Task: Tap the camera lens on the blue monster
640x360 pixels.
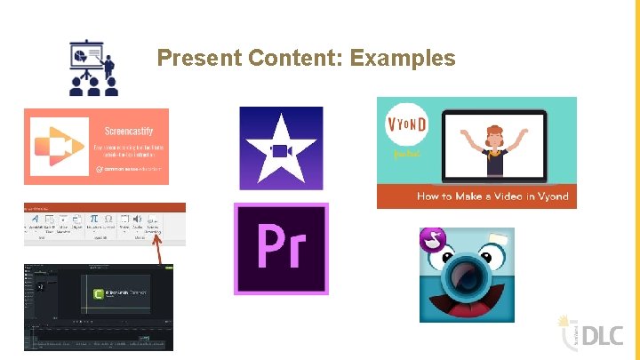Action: pos(466,276)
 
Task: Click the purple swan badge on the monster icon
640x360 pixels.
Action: pos(430,239)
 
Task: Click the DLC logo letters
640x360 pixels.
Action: pos(604,334)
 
